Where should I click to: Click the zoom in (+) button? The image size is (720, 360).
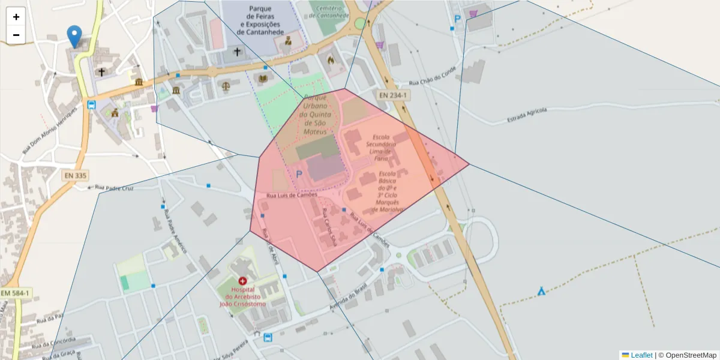point(16,17)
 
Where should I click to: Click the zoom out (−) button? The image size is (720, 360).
point(16,35)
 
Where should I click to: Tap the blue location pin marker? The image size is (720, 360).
point(74,37)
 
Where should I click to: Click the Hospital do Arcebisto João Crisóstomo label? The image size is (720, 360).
point(242,296)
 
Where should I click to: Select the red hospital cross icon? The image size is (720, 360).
point(242,281)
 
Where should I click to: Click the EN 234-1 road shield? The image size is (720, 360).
point(393,95)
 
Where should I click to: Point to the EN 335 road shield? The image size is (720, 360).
point(76,175)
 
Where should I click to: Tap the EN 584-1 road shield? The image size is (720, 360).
point(16,293)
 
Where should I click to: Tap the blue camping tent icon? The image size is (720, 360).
point(542,292)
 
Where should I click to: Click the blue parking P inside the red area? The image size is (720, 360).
point(299,175)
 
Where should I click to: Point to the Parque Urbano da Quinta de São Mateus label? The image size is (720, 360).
point(316,115)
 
